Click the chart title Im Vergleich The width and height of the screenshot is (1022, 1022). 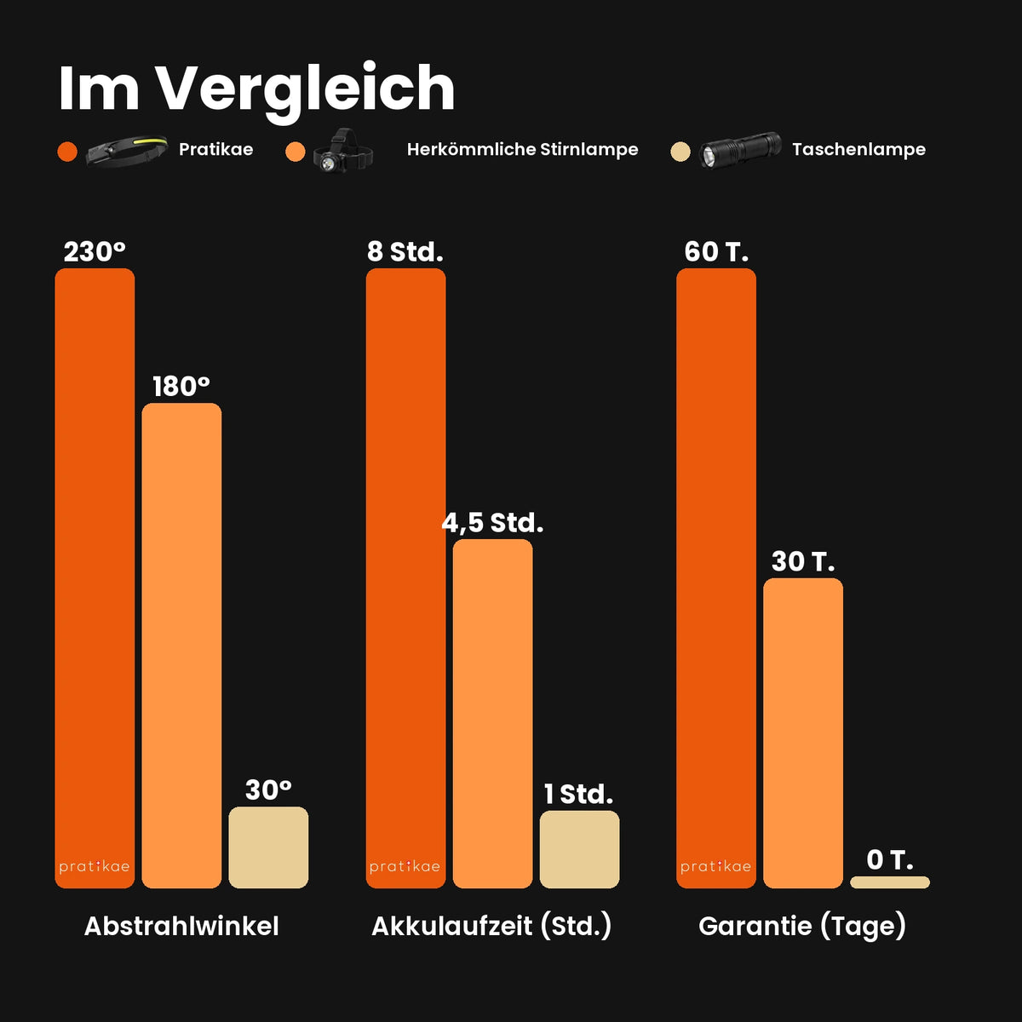[256, 90]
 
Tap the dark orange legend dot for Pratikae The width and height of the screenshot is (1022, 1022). [67, 152]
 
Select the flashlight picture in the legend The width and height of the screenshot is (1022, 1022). [740, 150]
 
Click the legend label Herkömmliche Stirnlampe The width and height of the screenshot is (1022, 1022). [522, 150]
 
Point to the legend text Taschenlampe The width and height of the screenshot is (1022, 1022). [858, 150]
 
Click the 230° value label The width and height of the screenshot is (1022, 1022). [95, 252]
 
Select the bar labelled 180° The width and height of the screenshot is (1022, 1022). [181, 646]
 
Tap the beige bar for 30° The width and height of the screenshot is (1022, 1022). [268, 847]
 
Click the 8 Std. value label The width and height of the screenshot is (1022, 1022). [405, 252]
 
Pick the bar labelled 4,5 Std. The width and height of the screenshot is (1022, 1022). [493, 714]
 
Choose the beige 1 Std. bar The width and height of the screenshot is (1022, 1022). [580, 849]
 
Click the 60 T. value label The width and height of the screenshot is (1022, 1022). [716, 252]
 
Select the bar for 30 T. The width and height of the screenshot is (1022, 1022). [803, 733]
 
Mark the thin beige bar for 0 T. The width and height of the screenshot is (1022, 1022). [890, 882]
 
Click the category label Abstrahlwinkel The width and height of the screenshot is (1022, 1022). [181, 927]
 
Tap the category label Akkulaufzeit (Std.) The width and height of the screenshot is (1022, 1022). [491, 927]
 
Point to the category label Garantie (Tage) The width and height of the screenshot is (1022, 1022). [802, 927]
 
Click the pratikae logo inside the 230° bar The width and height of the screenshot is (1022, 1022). [95, 867]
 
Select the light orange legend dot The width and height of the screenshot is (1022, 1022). [296, 152]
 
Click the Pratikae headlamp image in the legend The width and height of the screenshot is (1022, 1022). [127, 151]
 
